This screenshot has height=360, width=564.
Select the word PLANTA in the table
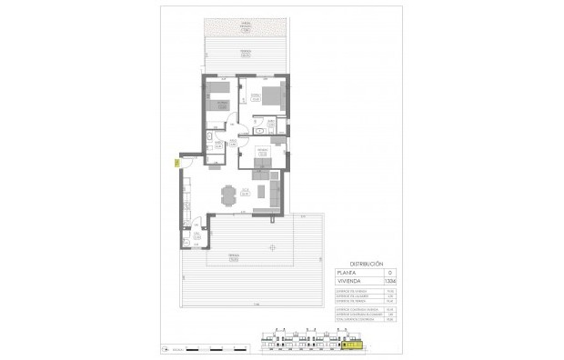click(347, 272)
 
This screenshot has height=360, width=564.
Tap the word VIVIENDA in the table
click(348, 281)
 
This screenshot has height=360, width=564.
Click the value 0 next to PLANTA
click(390, 272)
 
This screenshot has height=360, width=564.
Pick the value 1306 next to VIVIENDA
click(391, 281)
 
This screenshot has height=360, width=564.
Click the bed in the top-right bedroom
click(270, 99)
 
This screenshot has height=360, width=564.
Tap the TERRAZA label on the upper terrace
click(246, 54)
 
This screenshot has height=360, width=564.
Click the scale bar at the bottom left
click(214, 348)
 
